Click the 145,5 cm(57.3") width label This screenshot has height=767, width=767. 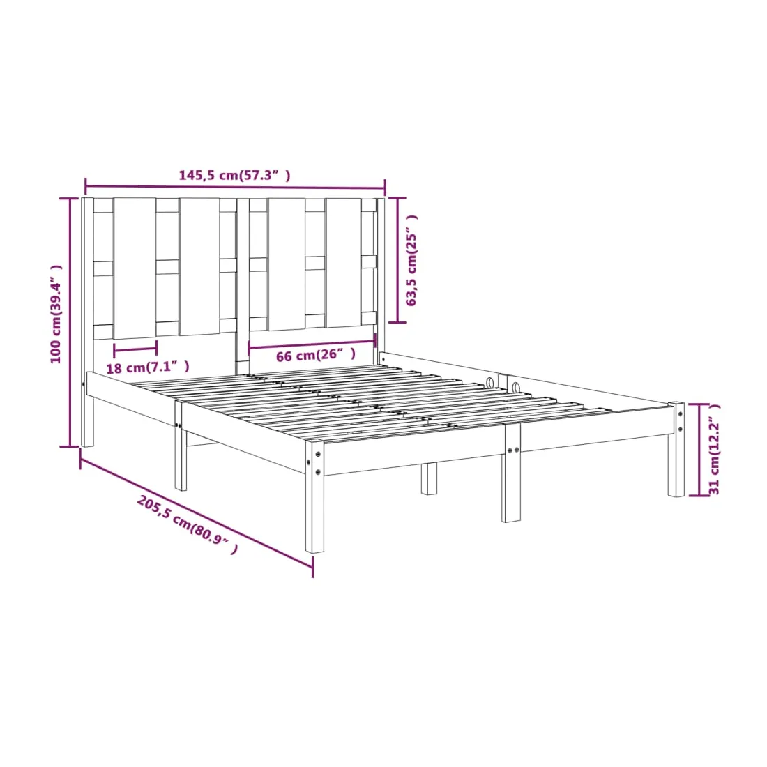pos(234,174)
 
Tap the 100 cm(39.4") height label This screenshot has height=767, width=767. pos(56,314)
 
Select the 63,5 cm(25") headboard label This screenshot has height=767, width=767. pos(412,260)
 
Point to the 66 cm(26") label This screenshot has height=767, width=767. pos(315,355)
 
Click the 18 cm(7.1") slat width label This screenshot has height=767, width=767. pos(148,367)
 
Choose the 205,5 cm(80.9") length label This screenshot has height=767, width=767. pos(188,524)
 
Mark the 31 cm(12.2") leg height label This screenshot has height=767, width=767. pos(714,449)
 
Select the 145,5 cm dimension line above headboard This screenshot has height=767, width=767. pos(235,186)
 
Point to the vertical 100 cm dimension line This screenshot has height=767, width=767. pos(70,322)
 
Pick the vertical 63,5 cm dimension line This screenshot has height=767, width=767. pos(397,260)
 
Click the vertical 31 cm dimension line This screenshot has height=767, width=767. pos(699,450)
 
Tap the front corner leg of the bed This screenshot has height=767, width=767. pos(314,496)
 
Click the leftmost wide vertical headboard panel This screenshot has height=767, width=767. pos(135,268)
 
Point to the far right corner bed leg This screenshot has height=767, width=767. pos(676,449)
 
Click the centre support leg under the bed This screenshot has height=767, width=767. pos(429,478)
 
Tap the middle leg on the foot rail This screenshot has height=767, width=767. pos(511,473)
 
